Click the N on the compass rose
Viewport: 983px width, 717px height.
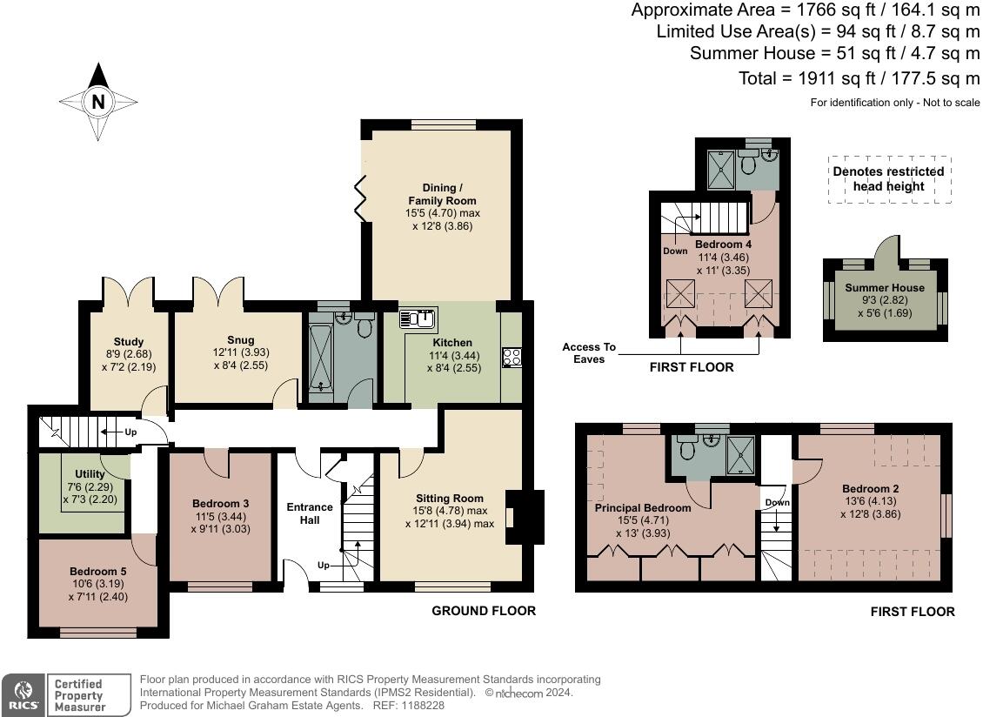(98, 102)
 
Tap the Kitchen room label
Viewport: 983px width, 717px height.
(452, 342)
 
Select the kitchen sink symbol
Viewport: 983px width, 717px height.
(418, 319)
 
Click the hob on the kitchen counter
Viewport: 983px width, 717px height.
(512, 357)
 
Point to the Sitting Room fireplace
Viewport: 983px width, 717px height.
(526, 518)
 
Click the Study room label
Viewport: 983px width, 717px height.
(128, 341)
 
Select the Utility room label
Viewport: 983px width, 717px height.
(90, 474)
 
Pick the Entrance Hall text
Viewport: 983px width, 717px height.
(310, 513)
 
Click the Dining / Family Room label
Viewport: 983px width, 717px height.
(442, 194)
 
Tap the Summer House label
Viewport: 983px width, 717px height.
(884, 287)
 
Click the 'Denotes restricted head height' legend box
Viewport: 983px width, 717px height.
(888, 179)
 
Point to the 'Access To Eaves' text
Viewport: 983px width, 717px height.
(589, 352)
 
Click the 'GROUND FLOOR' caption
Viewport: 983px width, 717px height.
(484, 611)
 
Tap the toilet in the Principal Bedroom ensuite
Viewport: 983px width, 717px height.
(686, 449)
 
